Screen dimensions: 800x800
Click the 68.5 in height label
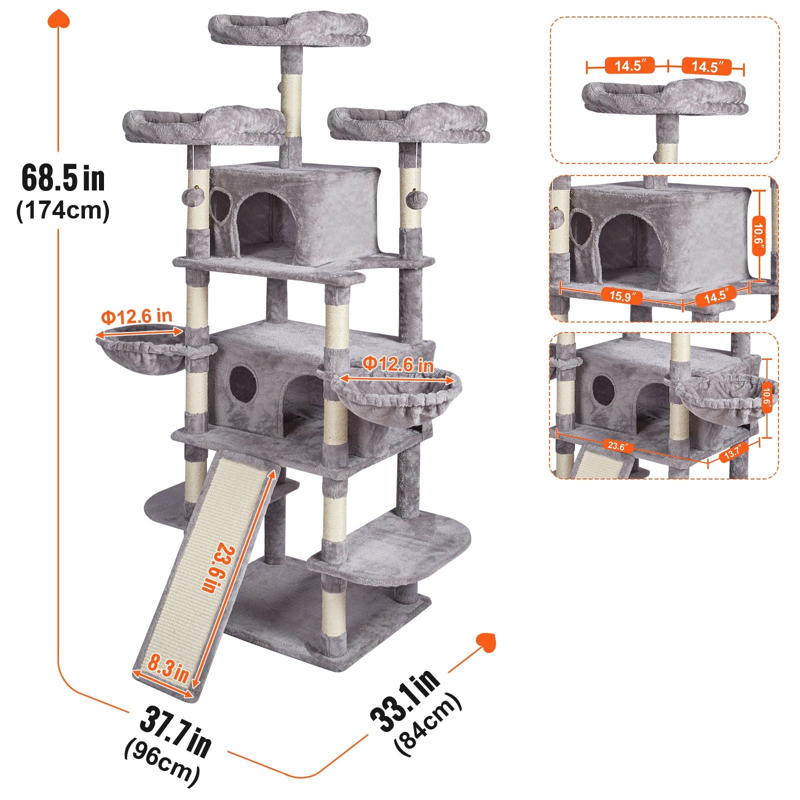click(x=63, y=178)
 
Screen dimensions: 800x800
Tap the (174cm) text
click(x=63, y=211)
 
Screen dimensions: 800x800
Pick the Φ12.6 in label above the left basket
click(x=136, y=316)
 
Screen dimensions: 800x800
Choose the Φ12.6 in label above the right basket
click(x=398, y=363)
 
